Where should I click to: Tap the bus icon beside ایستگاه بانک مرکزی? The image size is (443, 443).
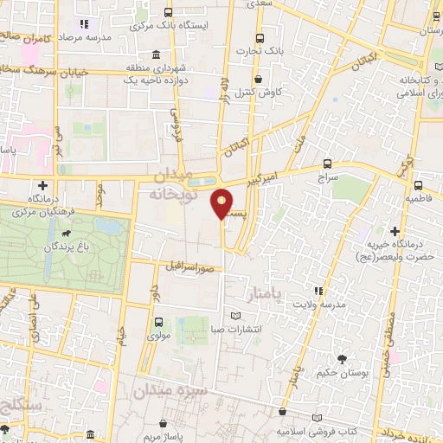(165, 14)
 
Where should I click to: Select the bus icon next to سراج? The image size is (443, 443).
(326, 163)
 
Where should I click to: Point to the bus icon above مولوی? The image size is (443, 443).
(157, 323)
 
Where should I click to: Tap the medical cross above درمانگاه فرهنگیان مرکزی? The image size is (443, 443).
(42, 185)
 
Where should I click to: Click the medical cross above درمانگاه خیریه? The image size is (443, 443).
(395, 232)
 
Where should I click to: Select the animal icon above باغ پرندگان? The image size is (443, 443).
(65, 234)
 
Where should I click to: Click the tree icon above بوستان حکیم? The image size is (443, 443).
(343, 357)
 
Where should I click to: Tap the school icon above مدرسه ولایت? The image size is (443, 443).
(318, 290)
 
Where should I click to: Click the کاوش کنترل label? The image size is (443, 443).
(259, 91)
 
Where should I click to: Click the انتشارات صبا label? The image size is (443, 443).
(238, 329)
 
